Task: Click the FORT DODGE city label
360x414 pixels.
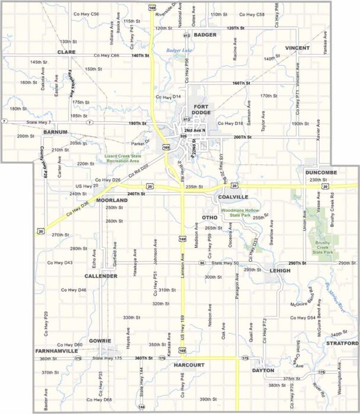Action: tap(201, 109)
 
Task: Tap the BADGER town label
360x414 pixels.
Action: tap(205, 35)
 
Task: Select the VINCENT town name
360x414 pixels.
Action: tap(297, 47)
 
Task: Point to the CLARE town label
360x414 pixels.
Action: tap(66, 52)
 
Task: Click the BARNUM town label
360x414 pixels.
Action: tap(56, 132)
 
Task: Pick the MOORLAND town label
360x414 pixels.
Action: tap(112, 200)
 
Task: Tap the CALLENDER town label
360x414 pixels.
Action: tap(101, 276)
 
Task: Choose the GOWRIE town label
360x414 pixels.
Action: tap(99, 341)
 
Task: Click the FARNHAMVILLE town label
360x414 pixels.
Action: tap(56, 351)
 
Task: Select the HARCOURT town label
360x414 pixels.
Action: tap(189, 366)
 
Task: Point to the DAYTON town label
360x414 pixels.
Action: tap(263, 370)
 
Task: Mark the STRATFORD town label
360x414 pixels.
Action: tap(342, 343)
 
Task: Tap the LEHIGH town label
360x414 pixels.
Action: tap(280, 270)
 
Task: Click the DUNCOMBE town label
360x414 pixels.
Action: tap(321, 172)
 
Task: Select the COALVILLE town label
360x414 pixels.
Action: tap(233, 196)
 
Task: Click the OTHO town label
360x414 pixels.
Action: tap(210, 209)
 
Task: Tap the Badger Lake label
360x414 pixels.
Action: tap(179, 51)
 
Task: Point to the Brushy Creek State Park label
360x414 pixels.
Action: tap(323, 247)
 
